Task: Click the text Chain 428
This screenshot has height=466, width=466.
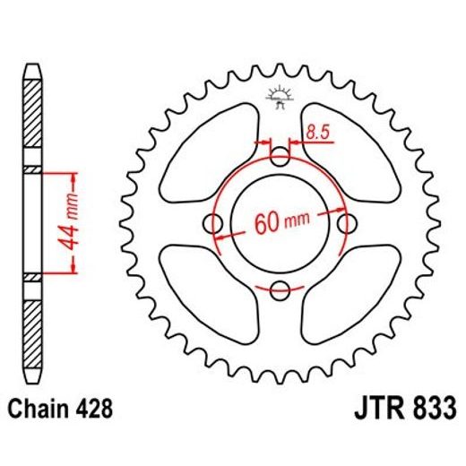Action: (x=60, y=411)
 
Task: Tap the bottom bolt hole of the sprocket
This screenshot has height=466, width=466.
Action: (x=280, y=289)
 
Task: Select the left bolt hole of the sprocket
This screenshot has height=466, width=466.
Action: (x=215, y=223)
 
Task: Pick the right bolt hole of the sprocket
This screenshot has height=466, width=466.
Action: (x=345, y=223)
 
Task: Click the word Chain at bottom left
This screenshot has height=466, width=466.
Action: (x=39, y=411)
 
